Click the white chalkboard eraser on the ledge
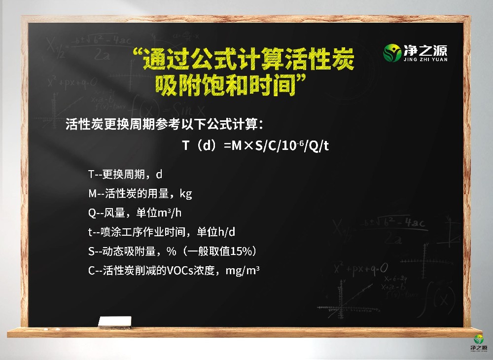[114, 322]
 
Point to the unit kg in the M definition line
[186, 193]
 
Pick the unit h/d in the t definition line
[225, 232]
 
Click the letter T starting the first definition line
[91, 174]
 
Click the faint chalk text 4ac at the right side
[414, 223]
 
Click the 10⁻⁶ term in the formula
[286, 146]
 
